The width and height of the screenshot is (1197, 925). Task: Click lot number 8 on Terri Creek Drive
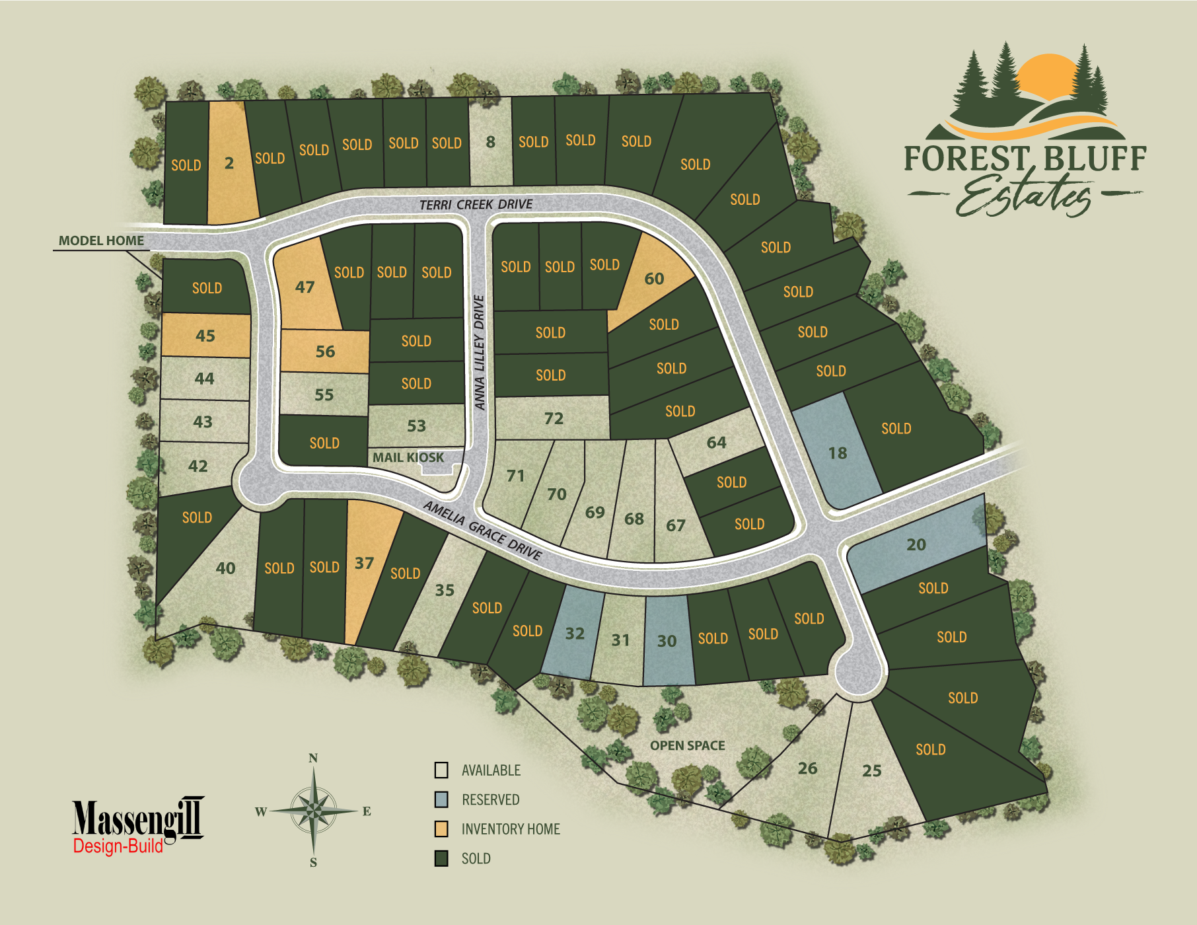[490, 142]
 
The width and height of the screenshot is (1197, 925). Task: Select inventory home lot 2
[229, 163]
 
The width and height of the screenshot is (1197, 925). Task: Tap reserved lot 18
[837, 453]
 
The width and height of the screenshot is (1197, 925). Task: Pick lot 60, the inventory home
[654, 279]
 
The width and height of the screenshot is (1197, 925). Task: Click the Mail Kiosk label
[408, 457]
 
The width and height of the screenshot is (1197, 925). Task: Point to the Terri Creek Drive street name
[476, 205]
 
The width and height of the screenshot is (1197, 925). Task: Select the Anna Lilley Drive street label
[480, 352]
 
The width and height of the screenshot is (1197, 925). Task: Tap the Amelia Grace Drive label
[483, 530]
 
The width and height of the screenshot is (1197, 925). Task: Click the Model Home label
[101, 241]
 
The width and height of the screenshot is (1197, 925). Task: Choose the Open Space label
[687, 746]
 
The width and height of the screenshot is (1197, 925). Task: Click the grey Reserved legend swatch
[441, 799]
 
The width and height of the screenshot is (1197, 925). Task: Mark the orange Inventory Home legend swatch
[441, 829]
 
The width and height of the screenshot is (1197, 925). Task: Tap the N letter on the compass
[313, 758]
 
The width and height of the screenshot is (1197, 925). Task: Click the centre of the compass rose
[314, 810]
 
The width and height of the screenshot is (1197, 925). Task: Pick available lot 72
[554, 418]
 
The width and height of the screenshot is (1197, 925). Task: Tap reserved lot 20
[916, 545]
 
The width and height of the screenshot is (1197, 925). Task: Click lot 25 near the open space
[871, 770]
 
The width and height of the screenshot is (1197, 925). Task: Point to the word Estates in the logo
[1024, 196]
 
